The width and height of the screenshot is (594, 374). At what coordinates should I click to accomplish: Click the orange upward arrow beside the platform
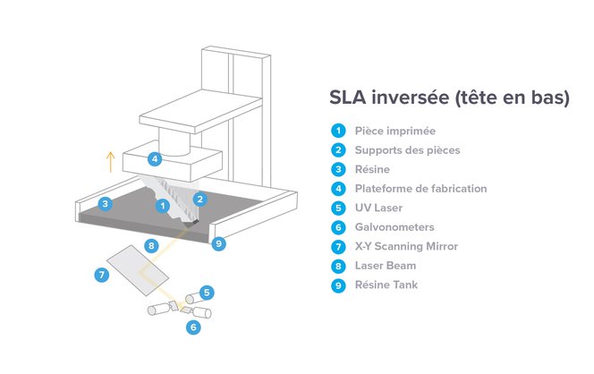(x=110, y=162)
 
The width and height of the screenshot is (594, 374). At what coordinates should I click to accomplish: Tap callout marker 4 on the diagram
(x=155, y=158)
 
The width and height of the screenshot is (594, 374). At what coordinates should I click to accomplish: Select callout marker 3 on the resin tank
(x=106, y=204)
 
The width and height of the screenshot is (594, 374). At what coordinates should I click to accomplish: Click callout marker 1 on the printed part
(x=163, y=206)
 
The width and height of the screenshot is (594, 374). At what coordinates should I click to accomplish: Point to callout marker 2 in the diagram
(x=200, y=199)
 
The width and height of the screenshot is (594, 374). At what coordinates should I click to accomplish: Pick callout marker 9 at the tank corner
(x=218, y=243)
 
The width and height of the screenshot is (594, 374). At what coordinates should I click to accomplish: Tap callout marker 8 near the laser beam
(x=151, y=246)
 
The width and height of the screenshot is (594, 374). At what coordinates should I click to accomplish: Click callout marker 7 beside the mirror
(x=101, y=275)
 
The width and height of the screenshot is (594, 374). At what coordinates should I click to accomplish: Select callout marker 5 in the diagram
(x=207, y=293)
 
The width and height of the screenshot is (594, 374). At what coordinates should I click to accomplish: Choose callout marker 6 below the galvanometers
(x=193, y=327)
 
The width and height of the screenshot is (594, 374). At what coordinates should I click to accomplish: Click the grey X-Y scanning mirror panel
(x=138, y=270)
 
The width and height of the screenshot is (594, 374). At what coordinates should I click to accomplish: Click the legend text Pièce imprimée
(x=395, y=132)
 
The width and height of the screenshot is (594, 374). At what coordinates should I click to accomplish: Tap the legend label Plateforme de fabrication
(x=420, y=188)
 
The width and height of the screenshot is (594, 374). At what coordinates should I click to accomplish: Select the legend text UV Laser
(x=378, y=208)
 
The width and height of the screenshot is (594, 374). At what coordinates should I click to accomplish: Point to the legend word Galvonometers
(x=395, y=227)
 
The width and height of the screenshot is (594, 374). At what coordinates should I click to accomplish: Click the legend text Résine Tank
(x=386, y=285)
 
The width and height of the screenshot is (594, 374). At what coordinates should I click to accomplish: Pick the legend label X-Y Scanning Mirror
(x=406, y=246)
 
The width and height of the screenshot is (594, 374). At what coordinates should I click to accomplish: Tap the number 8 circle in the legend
(x=338, y=266)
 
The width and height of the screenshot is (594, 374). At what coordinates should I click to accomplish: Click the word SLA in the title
(x=347, y=97)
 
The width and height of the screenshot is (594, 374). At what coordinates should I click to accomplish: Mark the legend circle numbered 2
(x=338, y=150)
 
